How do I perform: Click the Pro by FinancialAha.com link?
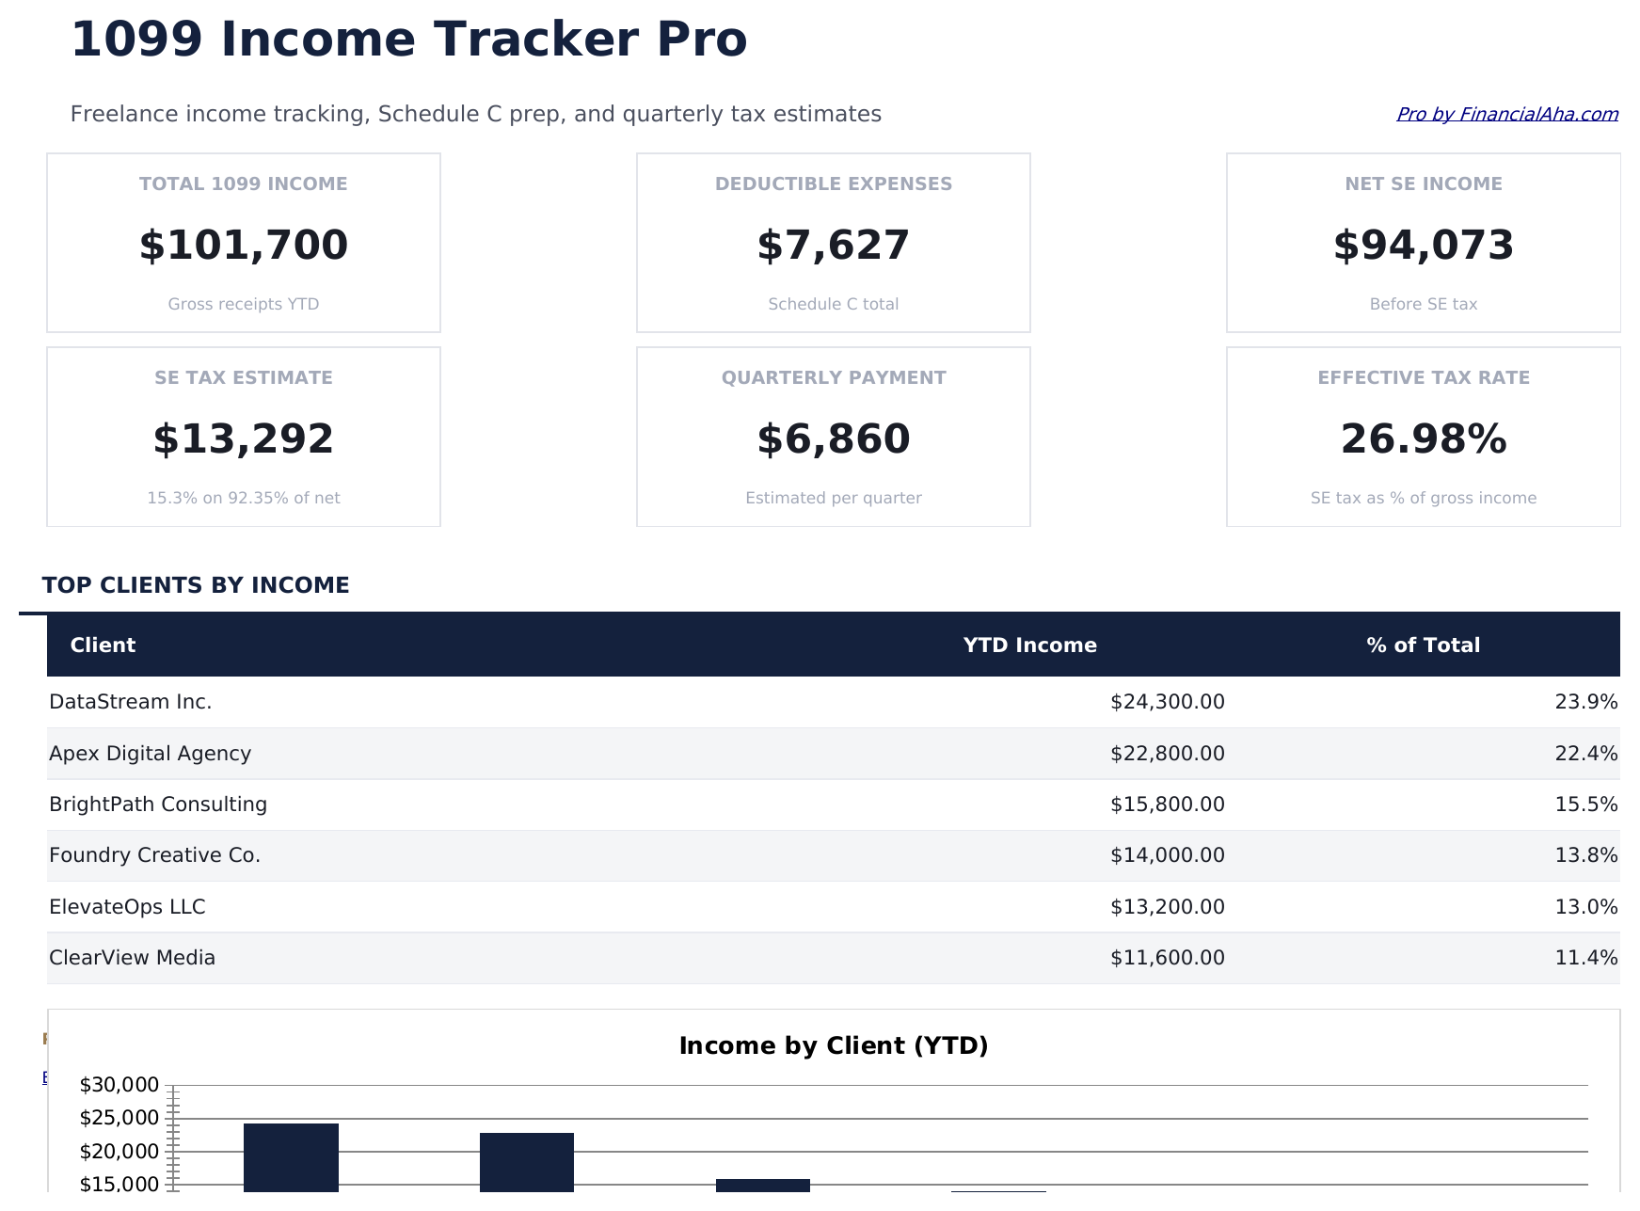1506,114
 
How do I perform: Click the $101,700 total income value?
244,246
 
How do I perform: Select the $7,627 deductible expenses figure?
833,246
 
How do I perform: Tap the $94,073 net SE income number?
1423,246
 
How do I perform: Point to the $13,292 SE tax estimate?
244,439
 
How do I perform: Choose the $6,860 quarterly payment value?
833,439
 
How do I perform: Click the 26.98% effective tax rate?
1423,439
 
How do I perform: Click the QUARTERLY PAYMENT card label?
833,377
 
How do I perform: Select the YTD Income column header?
1029,645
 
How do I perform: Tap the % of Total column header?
1423,645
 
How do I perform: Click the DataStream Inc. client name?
131,702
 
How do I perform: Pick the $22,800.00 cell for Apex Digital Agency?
1167,754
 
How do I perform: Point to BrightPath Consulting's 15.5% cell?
1585,805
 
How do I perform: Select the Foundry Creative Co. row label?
155,855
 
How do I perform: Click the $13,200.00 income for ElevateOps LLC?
1167,907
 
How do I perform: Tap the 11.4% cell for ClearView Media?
1585,958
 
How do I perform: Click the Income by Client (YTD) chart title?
833,1046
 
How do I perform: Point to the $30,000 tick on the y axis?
119,1085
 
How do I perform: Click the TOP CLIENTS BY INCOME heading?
196,585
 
